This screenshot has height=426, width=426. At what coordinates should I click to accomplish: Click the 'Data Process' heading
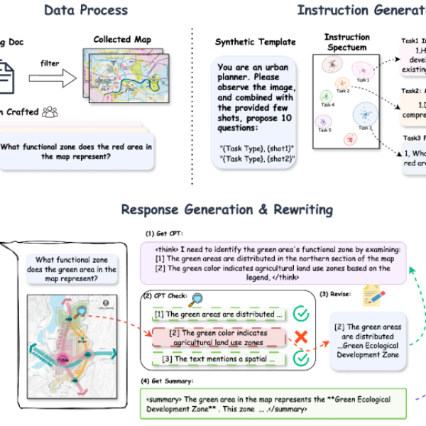tap(86, 10)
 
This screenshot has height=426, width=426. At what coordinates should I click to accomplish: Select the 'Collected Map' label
tap(121, 39)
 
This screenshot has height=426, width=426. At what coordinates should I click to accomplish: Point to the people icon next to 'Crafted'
tap(50, 111)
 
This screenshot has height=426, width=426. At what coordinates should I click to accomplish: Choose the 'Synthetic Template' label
tap(244, 43)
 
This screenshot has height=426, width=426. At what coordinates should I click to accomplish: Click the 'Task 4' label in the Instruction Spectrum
tap(328, 104)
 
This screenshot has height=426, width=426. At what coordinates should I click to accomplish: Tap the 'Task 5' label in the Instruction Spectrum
tap(324, 131)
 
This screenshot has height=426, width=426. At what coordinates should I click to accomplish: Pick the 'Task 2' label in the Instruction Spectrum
tap(343, 91)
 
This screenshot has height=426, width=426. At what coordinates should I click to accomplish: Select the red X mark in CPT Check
tap(301, 337)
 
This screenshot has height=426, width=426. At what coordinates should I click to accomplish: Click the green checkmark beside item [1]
tap(301, 313)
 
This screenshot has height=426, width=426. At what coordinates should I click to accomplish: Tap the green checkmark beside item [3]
tap(301, 359)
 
